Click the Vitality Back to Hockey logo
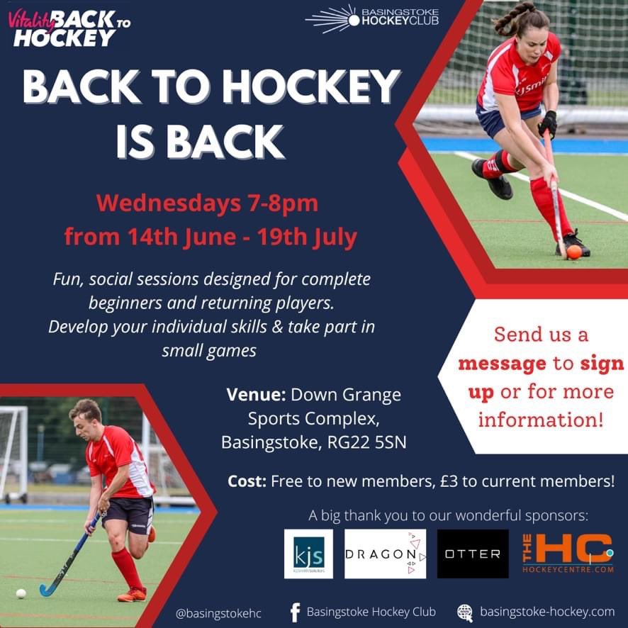point(69,28)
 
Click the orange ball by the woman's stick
point(573,252)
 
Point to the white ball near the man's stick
point(21,593)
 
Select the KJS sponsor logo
point(308,554)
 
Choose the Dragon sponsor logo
point(385,554)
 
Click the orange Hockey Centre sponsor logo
point(567,554)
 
